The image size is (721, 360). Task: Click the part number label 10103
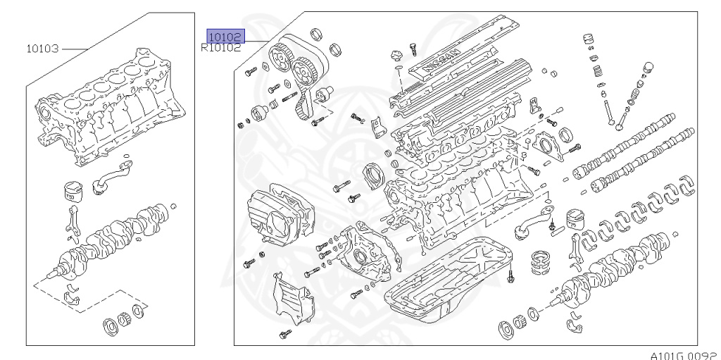click(x=43, y=49)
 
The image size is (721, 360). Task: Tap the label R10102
click(x=221, y=49)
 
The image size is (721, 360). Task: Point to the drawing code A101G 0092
click(x=684, y=354)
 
